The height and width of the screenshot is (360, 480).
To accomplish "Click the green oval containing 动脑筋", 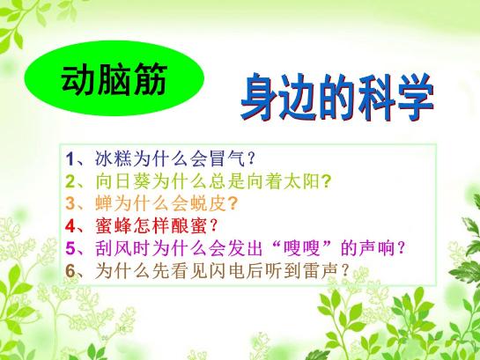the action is coord(114,78).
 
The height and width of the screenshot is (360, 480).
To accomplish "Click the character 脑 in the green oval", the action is coord(114,78).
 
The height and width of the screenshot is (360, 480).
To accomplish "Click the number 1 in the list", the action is coord(70,159).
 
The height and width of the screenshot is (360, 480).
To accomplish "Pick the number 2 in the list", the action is coord(70,181).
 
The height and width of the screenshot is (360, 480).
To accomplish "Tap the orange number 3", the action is coord(70,203).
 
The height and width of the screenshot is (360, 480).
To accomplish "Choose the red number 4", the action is coord(70,226).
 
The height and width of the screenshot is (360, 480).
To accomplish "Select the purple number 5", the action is coord(70,248).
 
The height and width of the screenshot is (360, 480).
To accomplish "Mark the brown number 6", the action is coord(70,271).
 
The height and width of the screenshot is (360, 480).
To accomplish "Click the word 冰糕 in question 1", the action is coord(113,158).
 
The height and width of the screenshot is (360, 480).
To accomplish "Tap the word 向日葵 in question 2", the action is coord(122,181).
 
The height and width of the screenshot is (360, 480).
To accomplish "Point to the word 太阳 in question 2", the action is coord(301,181).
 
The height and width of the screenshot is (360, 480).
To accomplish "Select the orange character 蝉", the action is coord(103,203).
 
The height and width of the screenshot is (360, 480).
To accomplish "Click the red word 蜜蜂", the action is coord(113,225).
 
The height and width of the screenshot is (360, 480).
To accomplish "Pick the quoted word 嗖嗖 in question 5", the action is coord(301,248).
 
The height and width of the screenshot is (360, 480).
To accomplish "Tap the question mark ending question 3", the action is coord(233,203).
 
